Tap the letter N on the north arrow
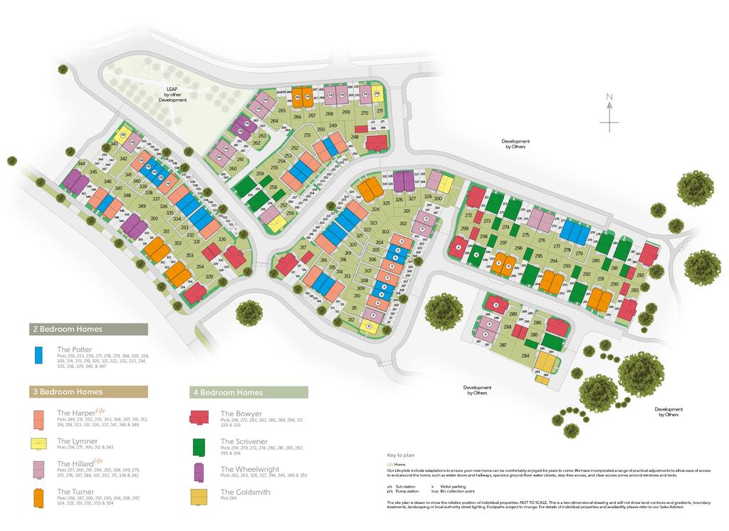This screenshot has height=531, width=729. tap(609, 97)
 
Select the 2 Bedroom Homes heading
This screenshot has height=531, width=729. tap(67, 329)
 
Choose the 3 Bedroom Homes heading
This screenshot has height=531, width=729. tap(67, 391)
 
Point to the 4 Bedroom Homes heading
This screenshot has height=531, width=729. tap(228, 392)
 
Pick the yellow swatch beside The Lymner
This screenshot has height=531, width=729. tap(40, 444)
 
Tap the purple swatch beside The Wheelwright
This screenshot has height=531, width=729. tap(200, 472)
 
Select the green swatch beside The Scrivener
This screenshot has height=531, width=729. tap(200, 445)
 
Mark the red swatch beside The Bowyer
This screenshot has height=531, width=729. tap(200, 417)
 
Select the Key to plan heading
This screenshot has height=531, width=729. tap(399, 454)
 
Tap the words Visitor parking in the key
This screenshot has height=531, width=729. tap(451, 487)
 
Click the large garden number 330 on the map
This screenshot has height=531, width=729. tap(222, 239)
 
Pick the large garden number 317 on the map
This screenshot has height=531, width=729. tap(303, 247)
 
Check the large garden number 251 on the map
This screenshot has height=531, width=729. tap(308, 135)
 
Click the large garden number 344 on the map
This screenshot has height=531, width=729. tap(81, 164)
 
